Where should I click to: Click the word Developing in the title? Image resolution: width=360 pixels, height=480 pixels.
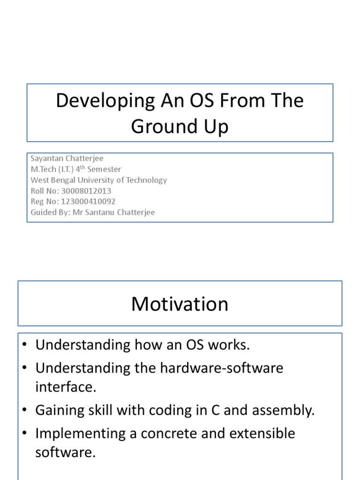point(105,101)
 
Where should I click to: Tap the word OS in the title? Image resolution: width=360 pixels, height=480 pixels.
point(202,100)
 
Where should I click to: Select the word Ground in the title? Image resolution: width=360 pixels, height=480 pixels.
point(164,126)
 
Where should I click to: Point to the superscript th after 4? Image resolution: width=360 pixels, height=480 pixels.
point(82,167)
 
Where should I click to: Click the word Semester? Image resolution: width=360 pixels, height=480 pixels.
point(104,169)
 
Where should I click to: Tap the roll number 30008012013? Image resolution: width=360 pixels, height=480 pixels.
point(86,191)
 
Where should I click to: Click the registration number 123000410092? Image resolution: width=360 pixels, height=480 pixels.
point(88,202)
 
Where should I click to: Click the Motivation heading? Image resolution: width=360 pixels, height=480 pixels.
point(180,304)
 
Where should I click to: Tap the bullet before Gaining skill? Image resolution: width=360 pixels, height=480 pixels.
point(25,410)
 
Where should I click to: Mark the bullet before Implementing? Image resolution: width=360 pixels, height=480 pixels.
point(25,433)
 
